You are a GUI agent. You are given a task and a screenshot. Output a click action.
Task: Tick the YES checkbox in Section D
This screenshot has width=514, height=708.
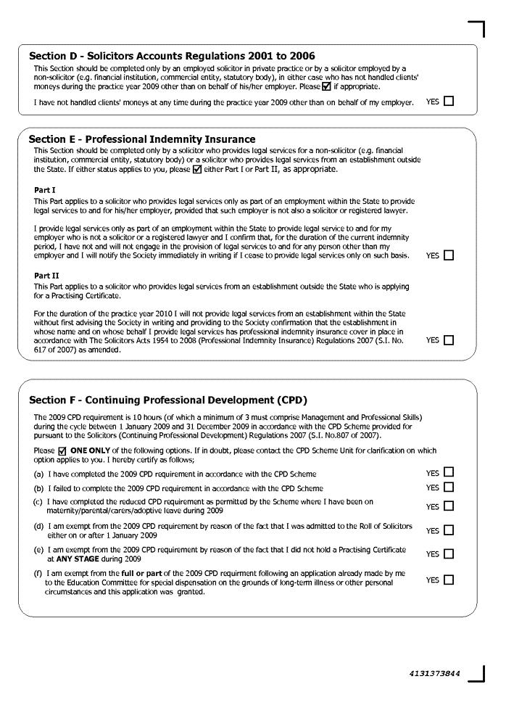click(x=449, y=102)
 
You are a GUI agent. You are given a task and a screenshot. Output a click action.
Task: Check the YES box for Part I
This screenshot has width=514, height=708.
click(x=449, y=255)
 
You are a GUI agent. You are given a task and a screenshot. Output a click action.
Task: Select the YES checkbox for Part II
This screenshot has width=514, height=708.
click(x=449, y=339)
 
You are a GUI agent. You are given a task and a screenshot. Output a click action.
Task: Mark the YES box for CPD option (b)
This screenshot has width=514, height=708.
click(x=449, y=487)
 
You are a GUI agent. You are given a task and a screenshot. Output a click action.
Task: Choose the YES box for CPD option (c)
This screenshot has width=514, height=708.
click(x=449, y=506)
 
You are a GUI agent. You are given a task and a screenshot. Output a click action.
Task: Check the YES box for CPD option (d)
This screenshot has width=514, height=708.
click(x=449, y=530)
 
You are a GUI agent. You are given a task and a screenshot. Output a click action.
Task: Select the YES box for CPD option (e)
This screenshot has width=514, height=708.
click(x=449, y=554)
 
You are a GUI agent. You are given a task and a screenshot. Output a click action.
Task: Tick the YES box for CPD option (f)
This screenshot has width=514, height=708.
click(x=449, y=580)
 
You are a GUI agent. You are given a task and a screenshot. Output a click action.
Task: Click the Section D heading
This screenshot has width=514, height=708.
click(x=172, y=56)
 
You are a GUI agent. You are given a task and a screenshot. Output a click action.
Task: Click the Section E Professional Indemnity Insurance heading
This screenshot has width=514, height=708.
click(x=142, y=139)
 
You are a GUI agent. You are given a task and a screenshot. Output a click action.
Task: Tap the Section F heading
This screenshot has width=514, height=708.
click(x=168, y=400)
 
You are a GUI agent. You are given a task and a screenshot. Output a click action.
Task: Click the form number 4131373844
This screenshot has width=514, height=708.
click(x=434, y=673)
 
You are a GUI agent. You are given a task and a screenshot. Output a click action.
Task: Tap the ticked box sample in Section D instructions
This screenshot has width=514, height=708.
click(x=326, y=86)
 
